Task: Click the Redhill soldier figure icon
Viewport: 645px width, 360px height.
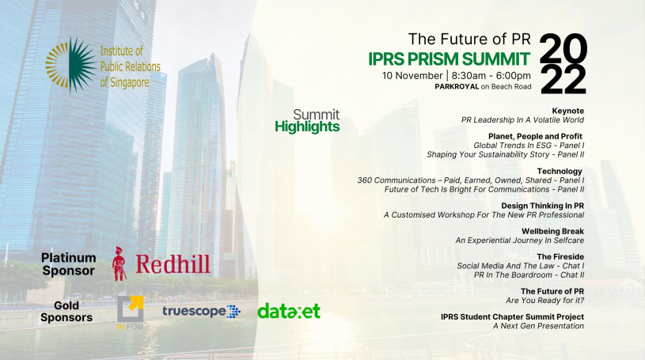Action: (120, 263)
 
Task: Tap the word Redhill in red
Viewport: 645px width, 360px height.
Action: (173, 264)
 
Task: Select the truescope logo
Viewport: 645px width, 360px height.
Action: (201, 312)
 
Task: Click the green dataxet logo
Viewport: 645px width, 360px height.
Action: (289, 311)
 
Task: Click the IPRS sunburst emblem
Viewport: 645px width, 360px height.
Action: (70, 65)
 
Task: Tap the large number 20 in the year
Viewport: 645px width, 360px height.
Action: (563, 48)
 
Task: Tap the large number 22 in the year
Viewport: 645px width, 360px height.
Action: (563, 80)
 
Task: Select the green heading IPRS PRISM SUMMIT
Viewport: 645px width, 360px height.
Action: (449, 59)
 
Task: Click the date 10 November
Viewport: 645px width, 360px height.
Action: (412, 76)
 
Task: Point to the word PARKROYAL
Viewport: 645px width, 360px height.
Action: (457, 86)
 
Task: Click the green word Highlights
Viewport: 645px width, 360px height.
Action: (307, 127)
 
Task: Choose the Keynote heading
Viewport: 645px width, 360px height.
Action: (567, 111)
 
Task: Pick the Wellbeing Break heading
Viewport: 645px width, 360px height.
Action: (552, 231)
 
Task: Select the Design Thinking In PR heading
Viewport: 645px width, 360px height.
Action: (542, 206)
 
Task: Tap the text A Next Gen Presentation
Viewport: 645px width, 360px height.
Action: (538, 326)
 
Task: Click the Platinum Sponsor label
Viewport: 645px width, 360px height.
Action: (68, 264)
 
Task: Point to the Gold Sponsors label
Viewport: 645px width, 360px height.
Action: (66, 312)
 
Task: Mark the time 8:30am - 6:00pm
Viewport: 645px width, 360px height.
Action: (491, 76)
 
